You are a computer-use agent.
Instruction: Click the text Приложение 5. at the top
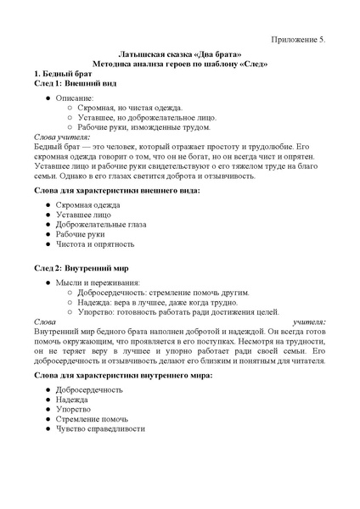[x=297, y=40]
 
